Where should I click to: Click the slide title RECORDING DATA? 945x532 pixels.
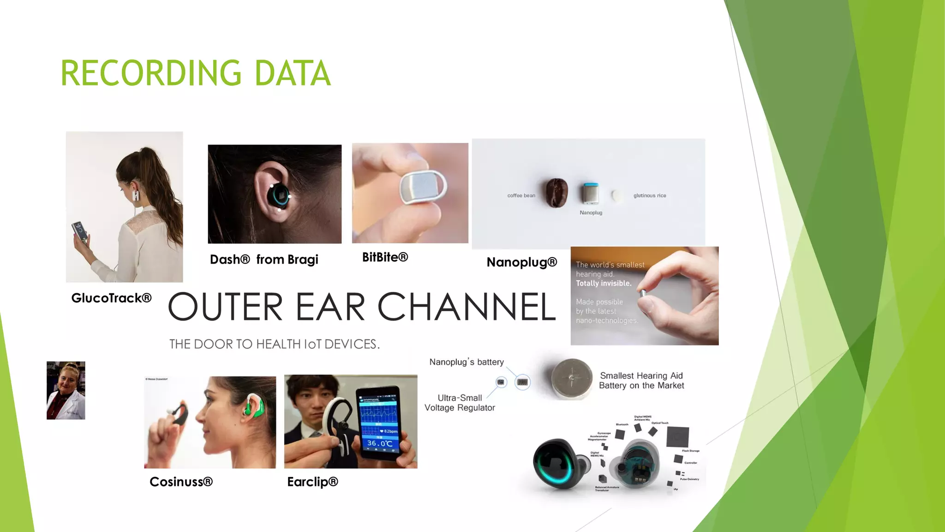click(x=196, y=73)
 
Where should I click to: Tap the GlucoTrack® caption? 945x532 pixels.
click(x=111, y=298)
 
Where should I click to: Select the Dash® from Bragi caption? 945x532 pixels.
click(x=264, y=260)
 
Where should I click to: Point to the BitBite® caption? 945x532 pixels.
click(x=385, y=257)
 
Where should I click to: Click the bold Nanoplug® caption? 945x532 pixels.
click(x=522, y=262)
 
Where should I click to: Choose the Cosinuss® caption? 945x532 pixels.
click(x=181, y=482)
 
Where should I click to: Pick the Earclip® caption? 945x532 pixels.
click(x=312, y=482)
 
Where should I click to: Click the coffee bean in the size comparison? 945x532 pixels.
click(x=556, y=193)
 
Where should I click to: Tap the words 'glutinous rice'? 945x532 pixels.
click(x=649, y=196)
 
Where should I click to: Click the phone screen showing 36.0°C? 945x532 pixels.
click(x=378, y=423)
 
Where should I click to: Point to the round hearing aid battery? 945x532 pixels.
click(x=572, y=378)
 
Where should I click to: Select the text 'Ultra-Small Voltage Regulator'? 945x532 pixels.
click(x=460, y=403)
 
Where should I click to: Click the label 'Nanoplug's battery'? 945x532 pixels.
click(x=467, y=362)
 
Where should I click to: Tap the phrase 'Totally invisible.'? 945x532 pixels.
click(x=604, y=283)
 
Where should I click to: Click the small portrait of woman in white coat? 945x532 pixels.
click(x=66, y=390)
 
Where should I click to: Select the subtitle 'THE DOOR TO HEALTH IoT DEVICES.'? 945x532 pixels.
click(x=275, y=344)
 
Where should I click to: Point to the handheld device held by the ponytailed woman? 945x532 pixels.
click(x=79, y=231)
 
